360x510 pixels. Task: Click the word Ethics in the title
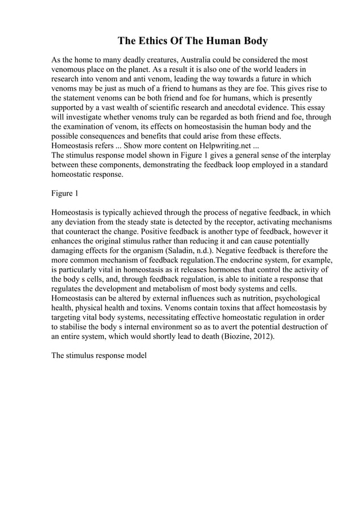[x=153, y=41]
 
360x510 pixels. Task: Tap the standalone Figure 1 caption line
[x=65, y=194]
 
